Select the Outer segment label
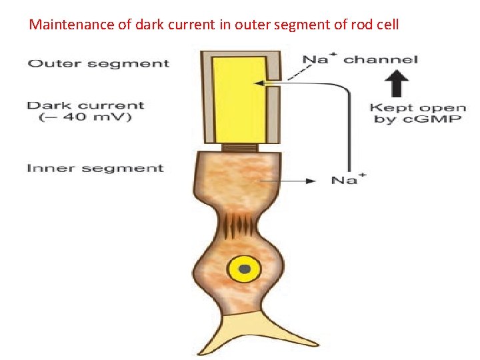click(98, 64)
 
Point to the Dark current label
click(85, 105)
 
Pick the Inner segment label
click(95, 168)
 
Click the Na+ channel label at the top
click(360, 59)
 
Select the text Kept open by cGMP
click(417, 113)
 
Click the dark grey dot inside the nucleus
click(245, 270)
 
